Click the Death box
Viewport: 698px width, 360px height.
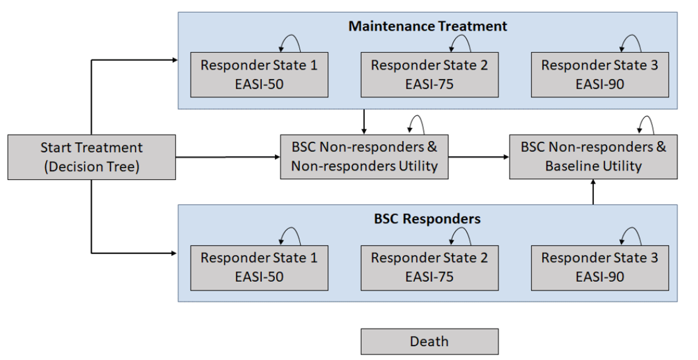pyautogui.click(x=429, y=341)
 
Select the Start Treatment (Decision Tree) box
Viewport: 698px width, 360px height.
pyautogui.click(x=91, y=157)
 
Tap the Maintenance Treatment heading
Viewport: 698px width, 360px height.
pyautogui.click(x=427, y=26)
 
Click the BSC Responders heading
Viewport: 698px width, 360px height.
pyautogui.click(x=427, y=219)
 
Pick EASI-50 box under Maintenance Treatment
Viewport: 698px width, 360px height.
pyautogui.click(x=259, y=75)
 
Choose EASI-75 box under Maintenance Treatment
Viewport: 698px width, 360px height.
pyautogui.click(x=429, y=75)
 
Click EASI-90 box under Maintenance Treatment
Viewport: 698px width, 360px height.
pyautogui.click(x=600, y=75)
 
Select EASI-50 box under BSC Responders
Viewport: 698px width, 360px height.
pyautogui.click(x=259, y=268)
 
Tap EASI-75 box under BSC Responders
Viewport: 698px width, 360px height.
pyautogui.click(x=429, y=268)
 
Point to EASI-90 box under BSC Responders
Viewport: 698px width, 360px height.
pyautogui.click(x=600, y=268)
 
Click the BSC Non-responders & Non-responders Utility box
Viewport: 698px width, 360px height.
pyautogui.click(x=364, y=157)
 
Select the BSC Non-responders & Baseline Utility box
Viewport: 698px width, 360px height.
pyautogui.click(x=593, y=157)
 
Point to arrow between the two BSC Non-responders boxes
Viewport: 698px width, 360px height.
pyautogui.click(x=478, y=157)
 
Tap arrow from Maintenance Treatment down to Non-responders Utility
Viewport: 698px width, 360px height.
pyautogui.click(x=364, y=122)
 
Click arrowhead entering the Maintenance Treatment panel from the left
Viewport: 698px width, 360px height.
pyautogui.click(x=175, y=60)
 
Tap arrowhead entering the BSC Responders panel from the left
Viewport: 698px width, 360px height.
pyautogui.click(x=174, y=253)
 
